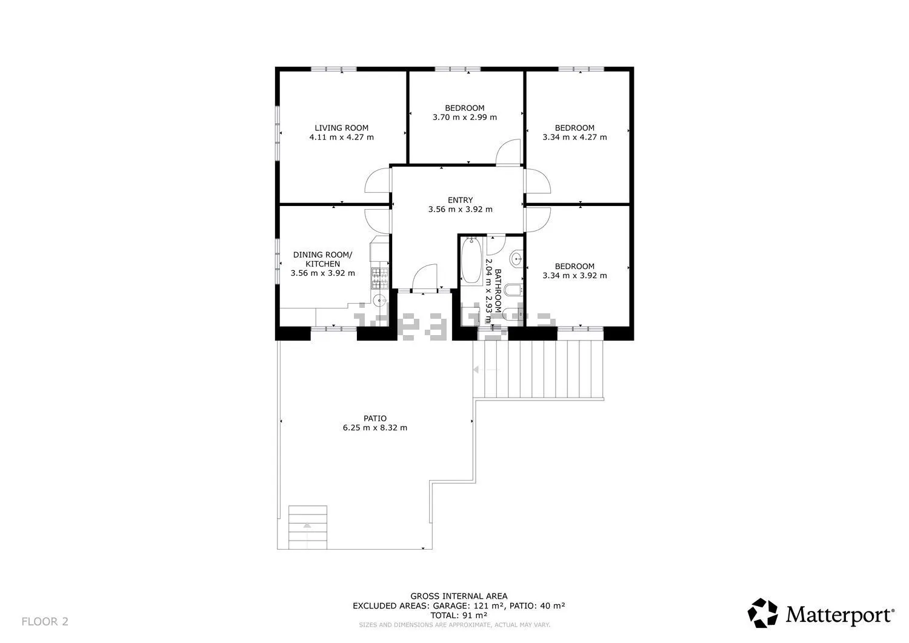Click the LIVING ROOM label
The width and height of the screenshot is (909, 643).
coord(341,128)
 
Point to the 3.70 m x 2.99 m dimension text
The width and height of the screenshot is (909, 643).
coord(465,118)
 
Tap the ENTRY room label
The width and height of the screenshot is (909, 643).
coord(460,200)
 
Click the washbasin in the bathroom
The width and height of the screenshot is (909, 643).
coord(516,258)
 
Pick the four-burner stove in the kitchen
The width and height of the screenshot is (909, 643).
coord(380,278)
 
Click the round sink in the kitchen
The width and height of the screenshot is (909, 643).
coord(381,301)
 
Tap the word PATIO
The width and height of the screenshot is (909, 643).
coord(375,418)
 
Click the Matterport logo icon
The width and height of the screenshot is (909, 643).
coord(762,613)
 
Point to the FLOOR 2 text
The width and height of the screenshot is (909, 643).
coord(45,621)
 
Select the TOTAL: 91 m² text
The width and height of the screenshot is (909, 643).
coord(459,615)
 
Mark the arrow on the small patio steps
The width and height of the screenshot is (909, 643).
coord(307,525)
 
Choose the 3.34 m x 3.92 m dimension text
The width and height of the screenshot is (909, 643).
coord(574,276)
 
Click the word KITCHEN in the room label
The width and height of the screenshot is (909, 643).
coord(322,264)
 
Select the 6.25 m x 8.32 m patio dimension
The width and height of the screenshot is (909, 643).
coord(375,427)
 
